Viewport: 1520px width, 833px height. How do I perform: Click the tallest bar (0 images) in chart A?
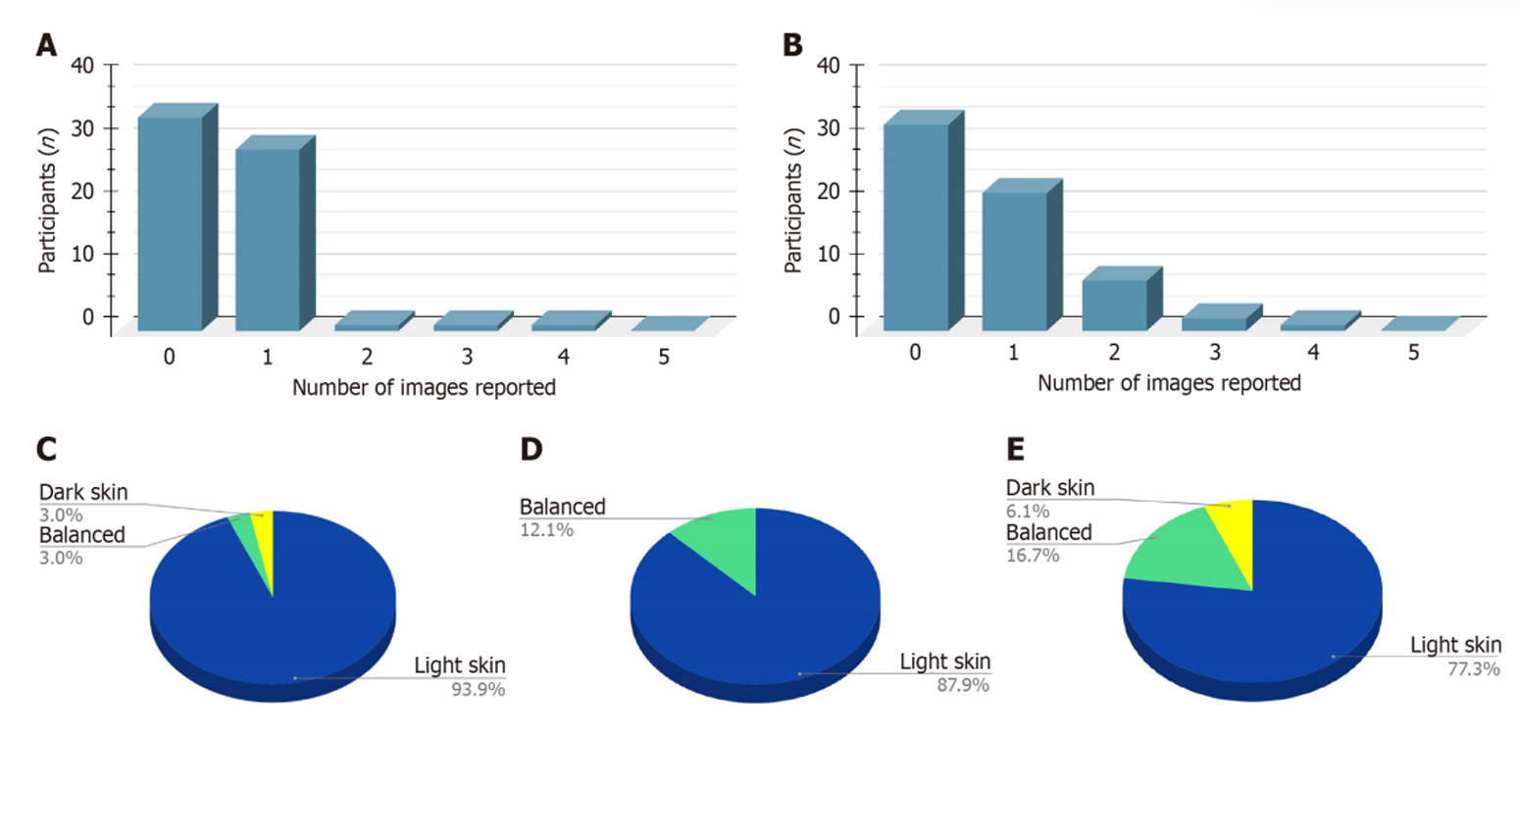pyautogui.click(x=171, y=222)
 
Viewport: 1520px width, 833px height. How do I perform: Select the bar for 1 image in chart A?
pyautogui.click(x=268, y=239)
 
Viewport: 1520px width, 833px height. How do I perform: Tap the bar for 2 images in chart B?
pyautogui.click(x=1114, y=305)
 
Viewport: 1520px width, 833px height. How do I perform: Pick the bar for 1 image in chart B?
pyautogui.click(x=1014, y=261)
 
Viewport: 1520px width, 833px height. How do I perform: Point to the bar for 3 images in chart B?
pyautogui.click(x=1214, y=323)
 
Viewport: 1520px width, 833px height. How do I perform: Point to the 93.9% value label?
pyautogui.click(x=479, y=690)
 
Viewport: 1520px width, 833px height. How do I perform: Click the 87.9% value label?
pyautogui.click(x=963, y=686)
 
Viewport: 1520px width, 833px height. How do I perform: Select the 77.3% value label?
pyautogui.click(x=1474, y=669)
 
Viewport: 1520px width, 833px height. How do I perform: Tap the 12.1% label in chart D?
pyautogui.click(x=546, y=530)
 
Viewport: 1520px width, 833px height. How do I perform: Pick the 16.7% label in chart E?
pyautogui.click(x=1033, y=556)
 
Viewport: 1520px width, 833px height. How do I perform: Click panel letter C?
pyautogui.click(x=46, y=449)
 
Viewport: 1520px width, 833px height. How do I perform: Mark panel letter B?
pyautogui.click(x=792, y=45)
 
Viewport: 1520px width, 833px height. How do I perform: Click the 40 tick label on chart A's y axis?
pyautogui.click(x=82, y=66)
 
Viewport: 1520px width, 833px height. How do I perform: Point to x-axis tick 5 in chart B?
pyautogui.click(x=1413, y=353)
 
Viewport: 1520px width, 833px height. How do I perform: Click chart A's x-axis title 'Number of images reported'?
pyautogui.click(x=424, y=388)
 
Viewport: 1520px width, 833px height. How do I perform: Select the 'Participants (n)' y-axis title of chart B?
pyautogui.click(x=793, y=200)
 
